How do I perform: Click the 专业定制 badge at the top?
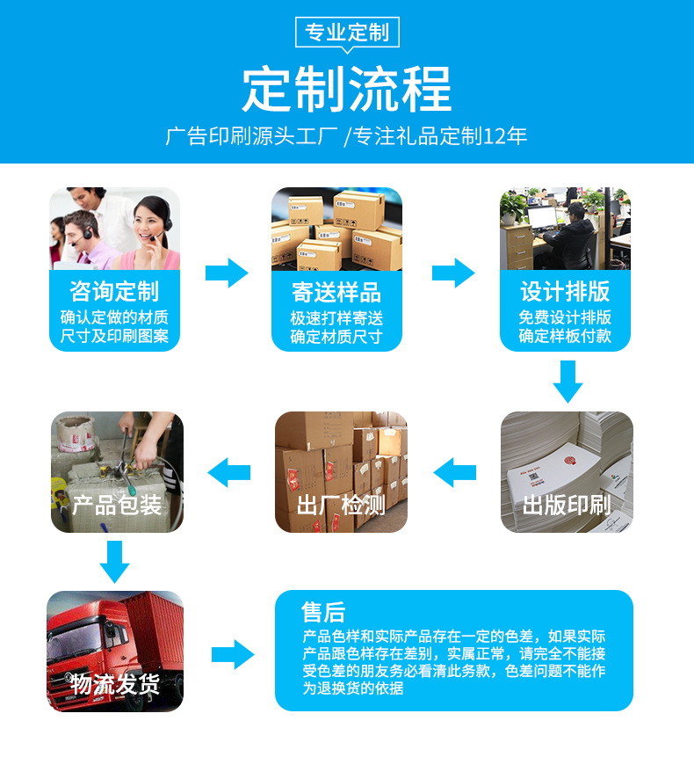coord(346,33)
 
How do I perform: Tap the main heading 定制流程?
coord(346,89)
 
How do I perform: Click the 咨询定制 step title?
coord(114,292)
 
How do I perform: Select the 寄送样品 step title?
coord(336,292)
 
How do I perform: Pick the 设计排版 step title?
coord(565,292)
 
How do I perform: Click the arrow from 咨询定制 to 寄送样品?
coord(227,273)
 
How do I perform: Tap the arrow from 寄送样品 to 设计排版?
coord(453,273)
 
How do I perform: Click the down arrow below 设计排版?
coord(567,381)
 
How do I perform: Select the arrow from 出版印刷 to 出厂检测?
coord(455,472)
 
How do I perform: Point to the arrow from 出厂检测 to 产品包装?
coord(229,472)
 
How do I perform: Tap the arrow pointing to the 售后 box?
coord(233,654)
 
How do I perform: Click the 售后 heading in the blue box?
coord(323,612)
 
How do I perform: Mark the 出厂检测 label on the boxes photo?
coord(341,505)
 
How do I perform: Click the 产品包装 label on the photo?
coord(117,505)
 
